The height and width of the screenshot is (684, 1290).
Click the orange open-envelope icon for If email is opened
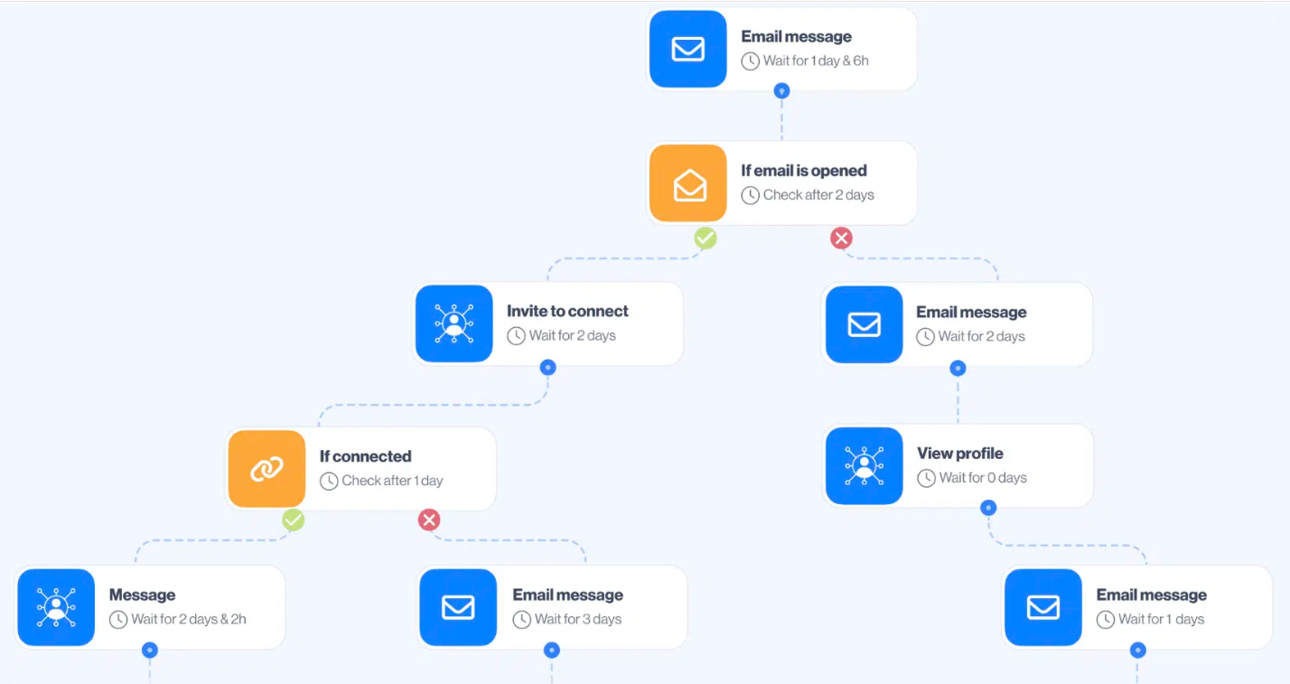click(x=688, y=183)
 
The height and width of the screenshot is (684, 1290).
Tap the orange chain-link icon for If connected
click(x=266, y=468)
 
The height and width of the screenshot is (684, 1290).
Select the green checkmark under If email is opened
click(x=705, y=238)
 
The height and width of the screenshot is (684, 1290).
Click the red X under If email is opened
click(x=841, y=238)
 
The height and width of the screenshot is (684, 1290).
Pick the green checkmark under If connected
click(x=293, y=520)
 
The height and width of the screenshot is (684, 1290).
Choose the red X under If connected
click(x=429, y=520)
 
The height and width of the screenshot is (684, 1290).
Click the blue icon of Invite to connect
click(x=453, y=323)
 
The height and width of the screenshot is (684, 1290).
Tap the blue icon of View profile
click(x=864, y=465)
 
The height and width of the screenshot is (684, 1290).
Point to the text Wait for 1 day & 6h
click(x=816, y=61)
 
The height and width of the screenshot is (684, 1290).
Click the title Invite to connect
click(x=567, y=311)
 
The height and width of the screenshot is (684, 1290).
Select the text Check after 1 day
click(x=392, y=481)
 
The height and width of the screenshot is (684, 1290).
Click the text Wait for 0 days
click(x=983, y=478)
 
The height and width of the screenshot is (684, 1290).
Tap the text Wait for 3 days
click(x=578, y=619)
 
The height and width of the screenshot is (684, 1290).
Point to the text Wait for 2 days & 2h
click(x=189, y=619)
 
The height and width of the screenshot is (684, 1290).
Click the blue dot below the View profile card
click(x=988, y=508)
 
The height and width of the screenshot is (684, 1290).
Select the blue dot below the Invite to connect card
click(x=547, y=367)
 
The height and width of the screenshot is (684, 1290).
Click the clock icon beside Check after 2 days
click(x=750, y=195)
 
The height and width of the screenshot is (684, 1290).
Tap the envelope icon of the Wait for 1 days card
click(x=1043, y=607)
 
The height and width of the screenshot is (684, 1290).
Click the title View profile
click(x=960, y=454)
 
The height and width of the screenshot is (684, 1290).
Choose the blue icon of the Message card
click(x=56, y=607)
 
